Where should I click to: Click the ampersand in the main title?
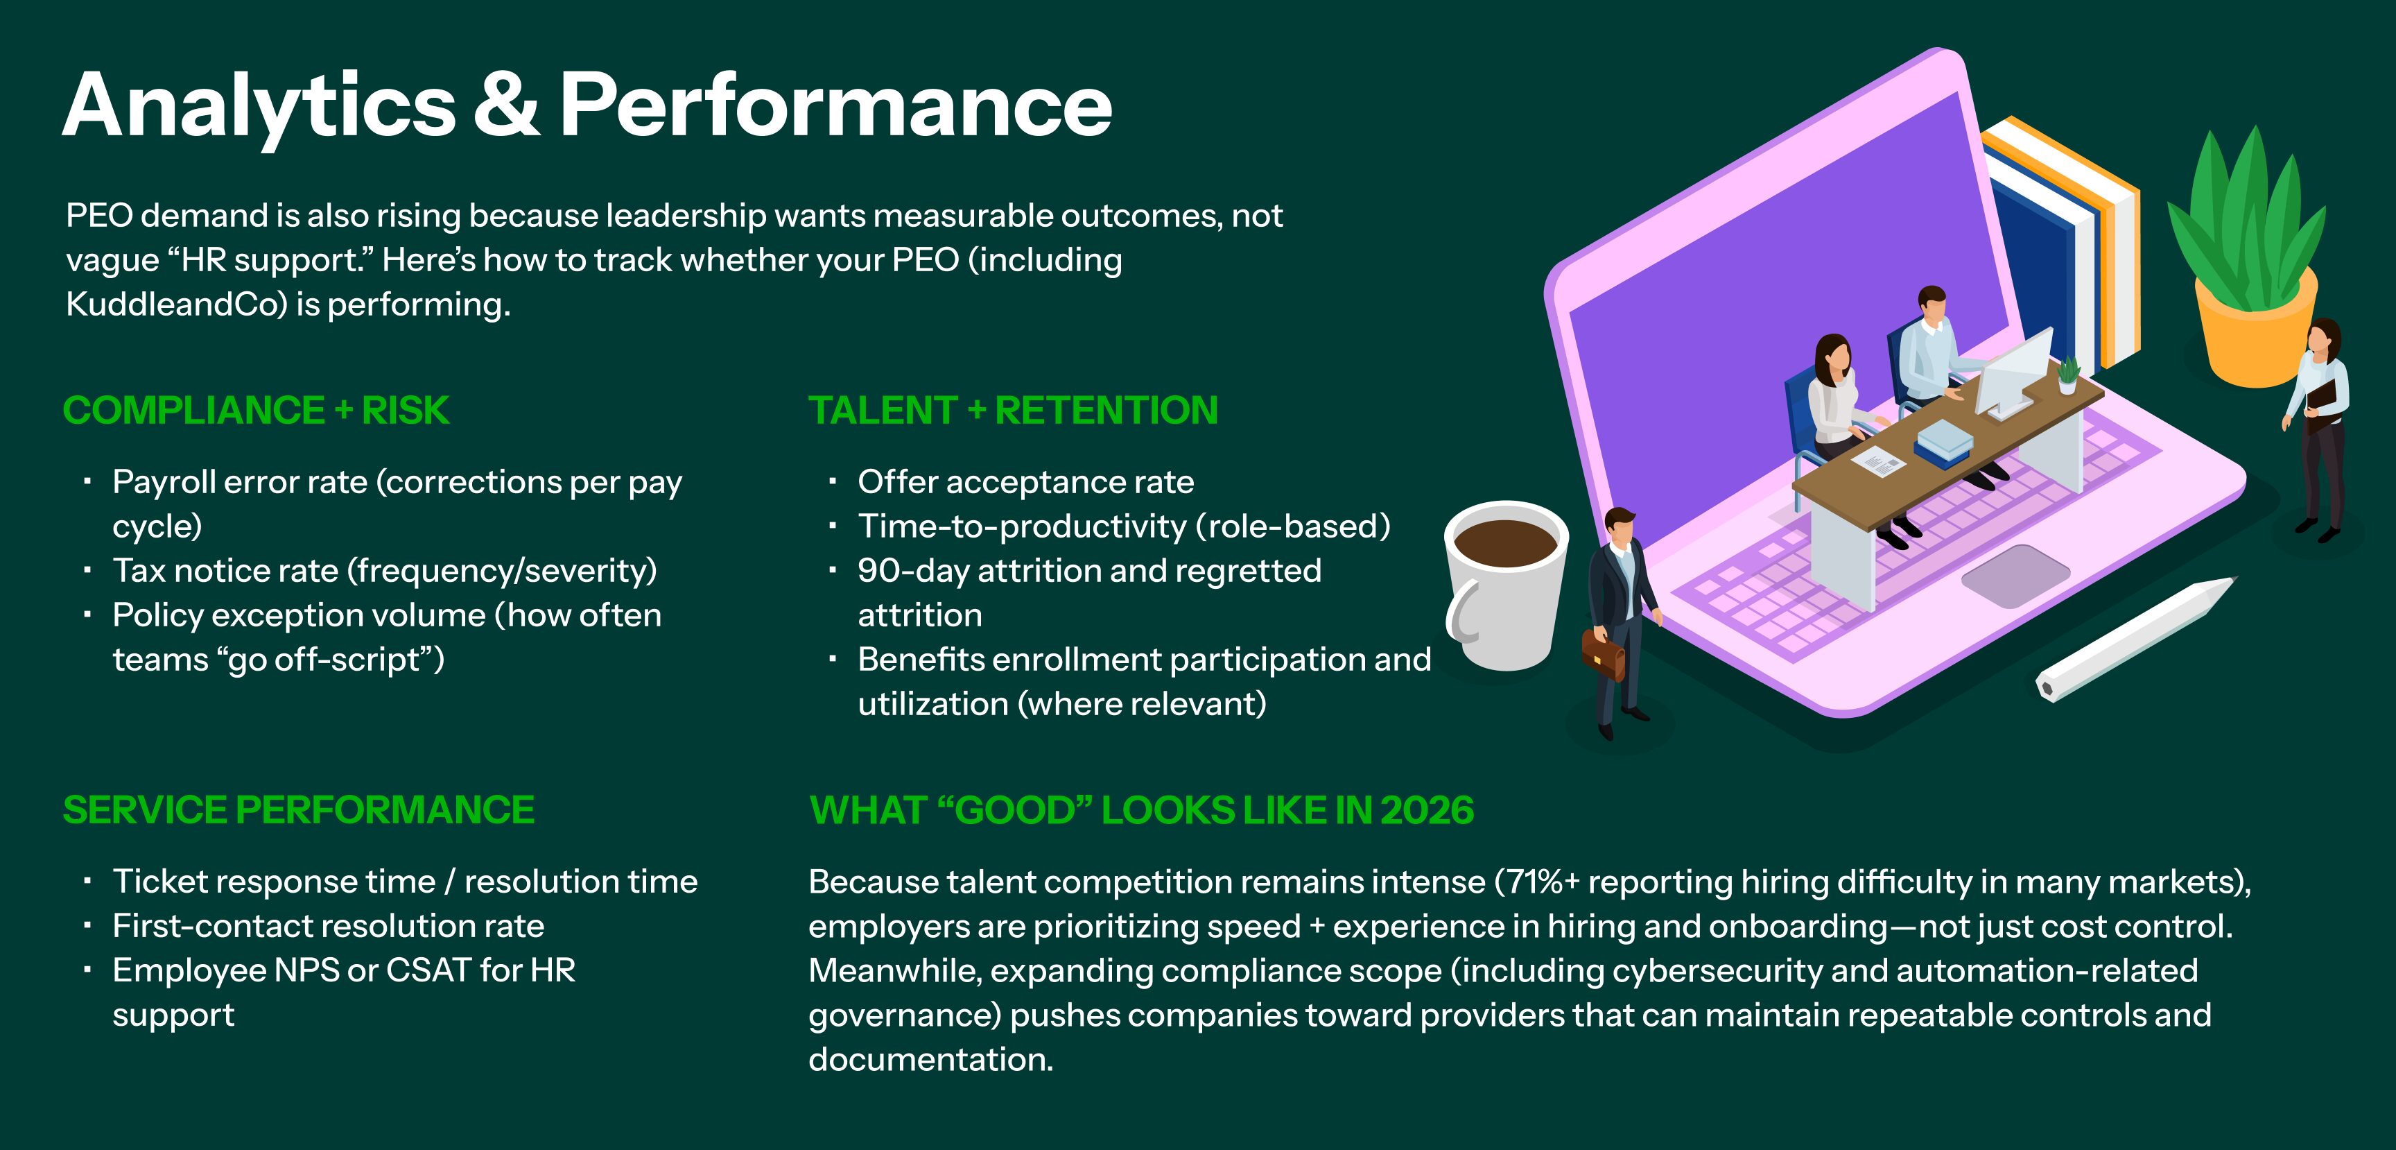coord(507,105)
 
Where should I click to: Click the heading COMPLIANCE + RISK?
coord(256,411)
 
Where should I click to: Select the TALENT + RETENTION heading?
coord(1013,411)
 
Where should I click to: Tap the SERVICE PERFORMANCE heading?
coord(299,809)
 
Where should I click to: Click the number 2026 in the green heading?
coord(1427,810)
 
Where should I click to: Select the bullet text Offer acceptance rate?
coord(1025,482)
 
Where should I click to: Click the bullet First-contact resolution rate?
coord(329,926)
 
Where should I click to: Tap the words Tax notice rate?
coord(226,570)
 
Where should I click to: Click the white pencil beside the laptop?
coord(2135,640)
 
